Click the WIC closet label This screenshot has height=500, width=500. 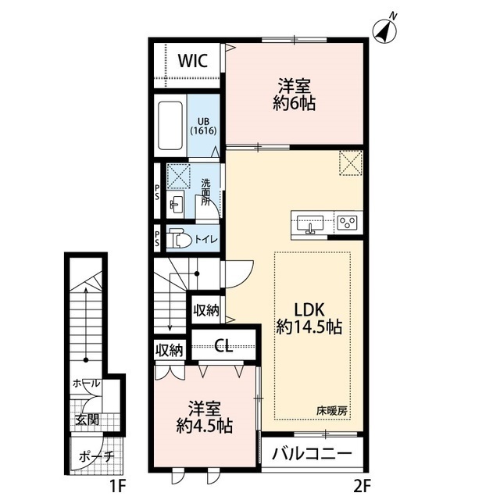[x=193, y=61]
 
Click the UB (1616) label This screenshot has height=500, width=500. [x=203, y=126]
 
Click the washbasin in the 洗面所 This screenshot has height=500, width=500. [x=176, y=203]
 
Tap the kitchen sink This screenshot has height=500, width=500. [x=310, y=223]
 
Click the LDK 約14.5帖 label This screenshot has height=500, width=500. [x=309, y=318]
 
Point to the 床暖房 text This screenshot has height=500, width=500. [x=331, y=412]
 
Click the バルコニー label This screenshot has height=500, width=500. [x=312, y=454]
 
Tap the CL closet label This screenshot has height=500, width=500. [x=223, y=345]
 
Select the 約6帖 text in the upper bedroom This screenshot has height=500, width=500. [x=294, y=103]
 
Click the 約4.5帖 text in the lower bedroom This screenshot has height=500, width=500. [x=205, y=425]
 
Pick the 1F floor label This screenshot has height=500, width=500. [x=118, y=487]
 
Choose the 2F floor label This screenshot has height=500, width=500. [x=362, y=487]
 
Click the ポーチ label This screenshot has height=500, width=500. [x=96, y=457]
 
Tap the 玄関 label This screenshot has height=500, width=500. [x=87, y=420]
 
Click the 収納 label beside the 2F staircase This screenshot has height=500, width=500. [x=206, y=310]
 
